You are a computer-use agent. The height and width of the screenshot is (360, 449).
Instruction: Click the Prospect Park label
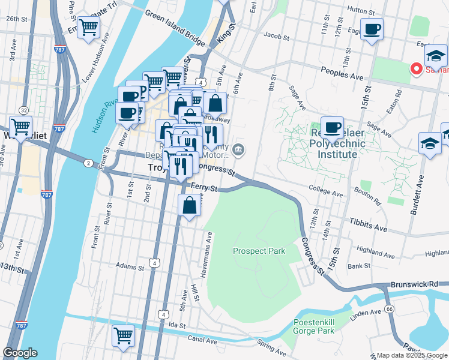(259, 251)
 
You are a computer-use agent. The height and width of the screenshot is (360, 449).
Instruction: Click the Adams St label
(131, 265)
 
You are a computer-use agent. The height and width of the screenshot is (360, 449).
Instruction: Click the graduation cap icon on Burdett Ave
(430, 144)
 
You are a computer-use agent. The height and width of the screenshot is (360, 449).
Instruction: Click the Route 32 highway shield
(23, 110)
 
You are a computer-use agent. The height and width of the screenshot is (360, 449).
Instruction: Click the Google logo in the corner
(20, 353)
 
